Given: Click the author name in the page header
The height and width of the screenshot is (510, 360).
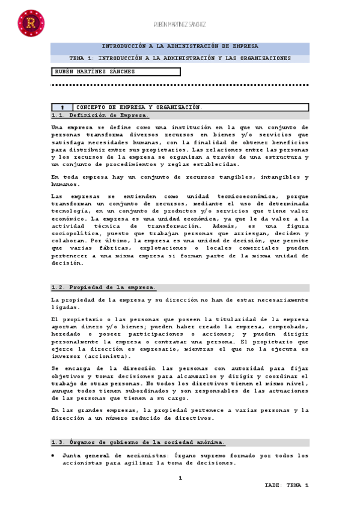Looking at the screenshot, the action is click(180, 24).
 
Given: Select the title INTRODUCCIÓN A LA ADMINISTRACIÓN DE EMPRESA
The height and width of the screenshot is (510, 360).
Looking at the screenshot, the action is click(180, 46).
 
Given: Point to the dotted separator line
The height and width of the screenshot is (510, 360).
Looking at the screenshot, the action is click(180, 85).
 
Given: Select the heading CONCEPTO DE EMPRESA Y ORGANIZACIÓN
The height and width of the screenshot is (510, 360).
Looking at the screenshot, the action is click(139, 106).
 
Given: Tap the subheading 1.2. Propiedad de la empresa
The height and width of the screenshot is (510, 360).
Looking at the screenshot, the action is click(103, 287).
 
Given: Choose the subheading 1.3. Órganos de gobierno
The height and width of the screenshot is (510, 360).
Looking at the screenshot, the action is click(138, 443).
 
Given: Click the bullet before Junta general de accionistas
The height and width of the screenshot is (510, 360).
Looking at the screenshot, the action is click(53, 456).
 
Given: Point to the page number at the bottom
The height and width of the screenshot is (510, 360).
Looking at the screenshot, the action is click(180, 478).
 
